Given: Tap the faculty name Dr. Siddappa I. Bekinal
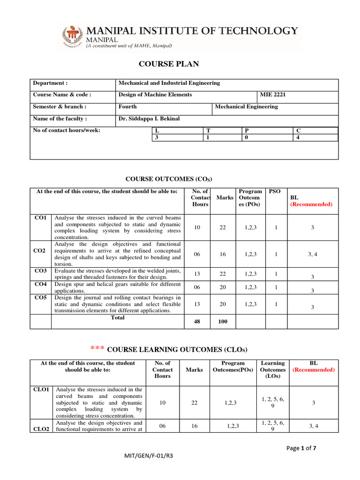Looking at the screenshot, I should click(x=149, y=119).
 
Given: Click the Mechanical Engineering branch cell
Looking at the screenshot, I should click(x=246, y=106).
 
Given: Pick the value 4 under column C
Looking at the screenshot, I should click(x=298, y=137).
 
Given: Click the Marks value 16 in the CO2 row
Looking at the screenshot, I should click(x=223, y=254).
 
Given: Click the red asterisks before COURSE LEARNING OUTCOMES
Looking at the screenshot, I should click(x=97, y=349).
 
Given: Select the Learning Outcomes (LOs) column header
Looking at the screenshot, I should click(x=272, y=369).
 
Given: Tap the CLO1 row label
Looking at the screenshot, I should click(x=40, y=390).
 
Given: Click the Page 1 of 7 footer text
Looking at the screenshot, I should click(x=301, y=448).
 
